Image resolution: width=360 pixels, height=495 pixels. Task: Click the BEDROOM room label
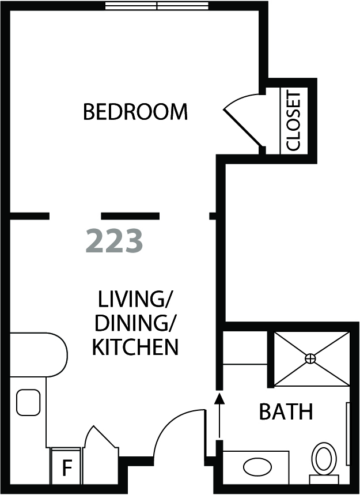tap(135, 111)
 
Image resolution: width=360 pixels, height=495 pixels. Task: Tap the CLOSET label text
tap(293, 121)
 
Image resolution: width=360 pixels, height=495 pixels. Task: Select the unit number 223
tap(114, 241)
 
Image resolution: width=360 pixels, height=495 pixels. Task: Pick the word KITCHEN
tap(135, 347)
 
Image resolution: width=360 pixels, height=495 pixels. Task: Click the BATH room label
tap(286, 411)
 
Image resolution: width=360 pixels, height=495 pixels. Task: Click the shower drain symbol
tap(310, 358)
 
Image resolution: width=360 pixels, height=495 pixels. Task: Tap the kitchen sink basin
tap(28, 402)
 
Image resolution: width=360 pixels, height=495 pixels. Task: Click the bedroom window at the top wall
tap(157, 6)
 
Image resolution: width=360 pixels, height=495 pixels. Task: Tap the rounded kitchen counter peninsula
tap(39, 354)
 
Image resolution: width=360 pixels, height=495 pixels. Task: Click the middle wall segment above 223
tap(130, 216)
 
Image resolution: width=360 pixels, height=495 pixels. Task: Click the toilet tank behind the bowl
tap(324, 479)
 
